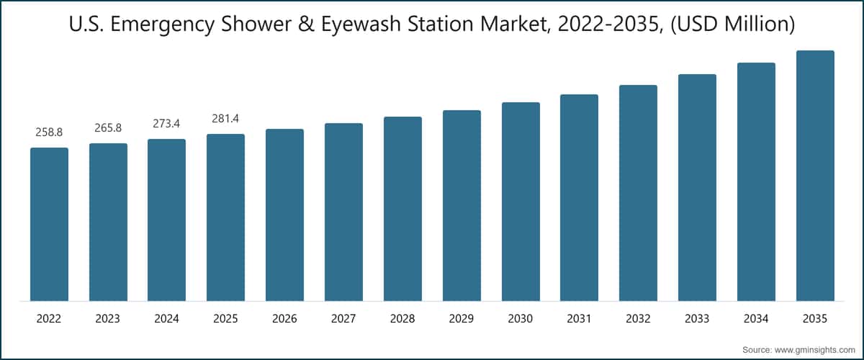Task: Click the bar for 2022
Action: tap(49, 224)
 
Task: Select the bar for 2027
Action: tap(343, 212)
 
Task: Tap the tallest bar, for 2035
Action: tap(815, 176)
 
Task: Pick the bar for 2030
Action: tap(521, 202)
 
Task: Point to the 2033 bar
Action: tap(697, 187)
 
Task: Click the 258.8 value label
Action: tap(49, 132)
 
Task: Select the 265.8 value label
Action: tap(108, 128)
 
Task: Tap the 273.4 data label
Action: tap(166, 124)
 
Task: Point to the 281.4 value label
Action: tap(225, 119)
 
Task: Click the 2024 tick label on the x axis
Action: tap(166, 319)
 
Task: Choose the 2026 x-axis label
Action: tap(284, 319)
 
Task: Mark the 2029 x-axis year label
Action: tap(462, 319)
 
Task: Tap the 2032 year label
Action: tap(638, 319)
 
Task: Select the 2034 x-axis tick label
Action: tap(756, 319)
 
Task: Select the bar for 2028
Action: tap(402, 209)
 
